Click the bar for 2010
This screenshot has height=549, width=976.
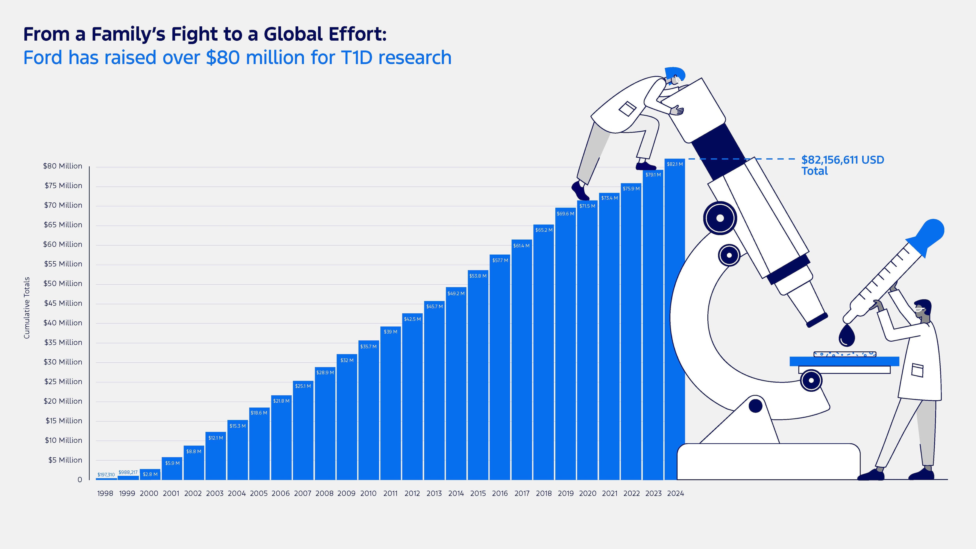[368, 413]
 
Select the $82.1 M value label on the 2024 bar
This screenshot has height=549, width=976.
[675, 164]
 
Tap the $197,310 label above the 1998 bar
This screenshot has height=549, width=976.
[106, 474]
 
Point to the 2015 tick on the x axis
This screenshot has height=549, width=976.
[478, 493]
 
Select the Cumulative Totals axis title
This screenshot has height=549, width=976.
[27, 308]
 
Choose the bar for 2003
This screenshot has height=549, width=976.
[215, 458]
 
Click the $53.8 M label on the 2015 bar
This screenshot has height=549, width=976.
[478, 276]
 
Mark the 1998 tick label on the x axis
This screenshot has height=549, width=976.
[105, 493]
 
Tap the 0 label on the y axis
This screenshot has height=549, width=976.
[80, 480]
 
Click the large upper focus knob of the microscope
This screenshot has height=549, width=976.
[720, 218]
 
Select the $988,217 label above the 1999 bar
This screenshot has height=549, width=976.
[128, 472]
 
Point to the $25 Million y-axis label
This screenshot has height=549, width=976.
[63, 381]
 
